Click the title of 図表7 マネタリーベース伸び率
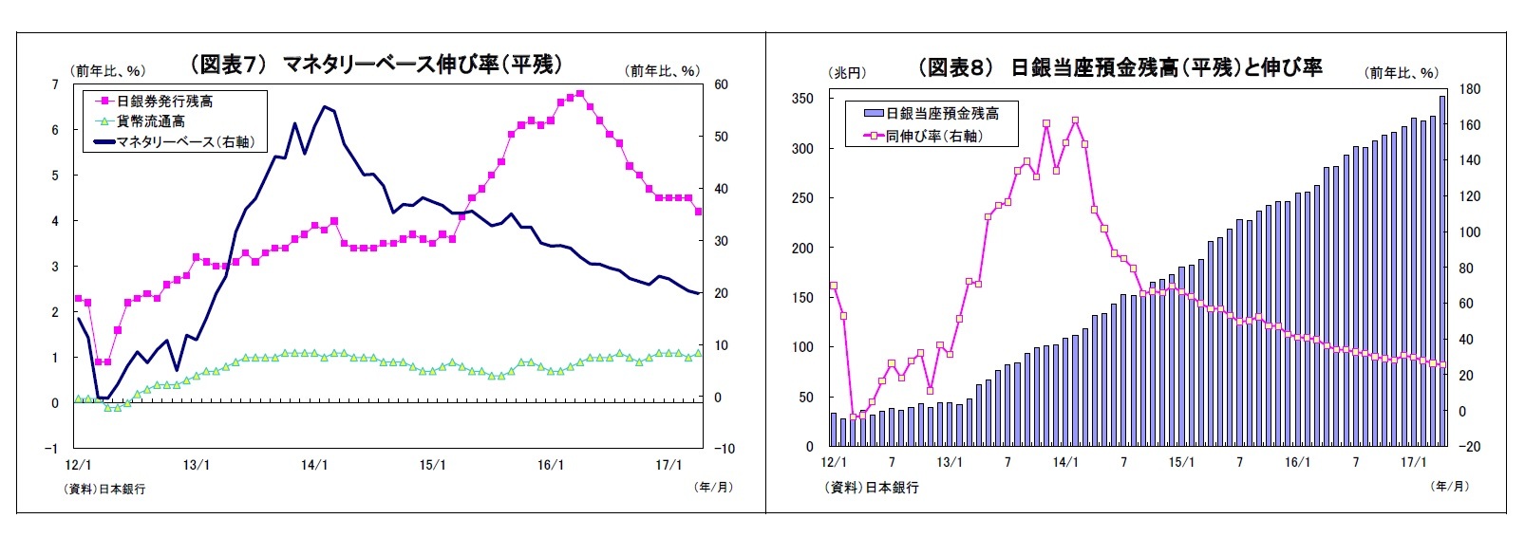(376, 65)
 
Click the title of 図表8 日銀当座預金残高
(1120, 67)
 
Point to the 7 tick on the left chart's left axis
(55, 85)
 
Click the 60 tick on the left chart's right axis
(721, 85)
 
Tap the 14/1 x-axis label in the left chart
(314, 465)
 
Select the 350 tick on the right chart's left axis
(802, 99)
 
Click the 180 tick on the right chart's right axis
(1469, 89)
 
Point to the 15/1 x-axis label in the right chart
(1181, 462)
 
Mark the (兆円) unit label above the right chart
(848, 73)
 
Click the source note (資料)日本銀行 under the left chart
(105, 489)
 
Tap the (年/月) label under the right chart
(1449, 486)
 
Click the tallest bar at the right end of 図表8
(1443, 270)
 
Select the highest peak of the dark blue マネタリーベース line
(325, 106)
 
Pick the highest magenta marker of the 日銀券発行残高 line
(579, 94)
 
